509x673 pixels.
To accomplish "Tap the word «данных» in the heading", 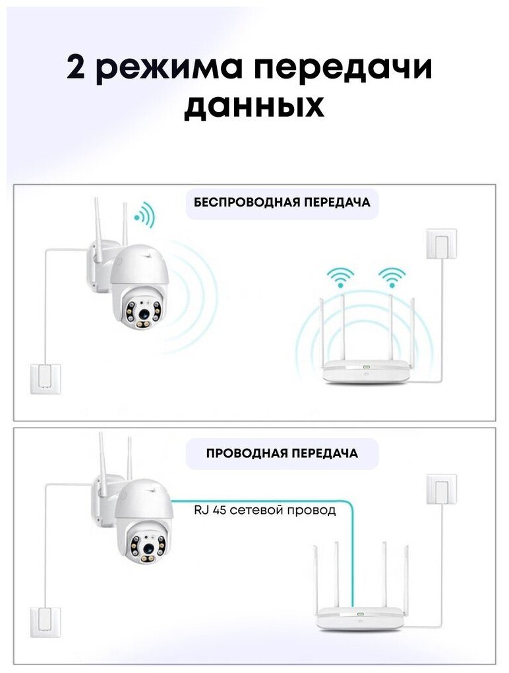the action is (254, 106).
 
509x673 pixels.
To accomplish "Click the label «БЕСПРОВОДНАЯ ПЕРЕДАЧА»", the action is (282, 203).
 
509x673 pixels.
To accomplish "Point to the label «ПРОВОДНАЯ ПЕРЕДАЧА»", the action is (282, 453).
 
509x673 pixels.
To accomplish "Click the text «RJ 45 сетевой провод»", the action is (264, 509).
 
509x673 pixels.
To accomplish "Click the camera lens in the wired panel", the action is (148, 546).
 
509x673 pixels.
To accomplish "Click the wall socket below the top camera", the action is (45, 379).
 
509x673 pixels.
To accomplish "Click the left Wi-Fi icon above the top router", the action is (342, 276).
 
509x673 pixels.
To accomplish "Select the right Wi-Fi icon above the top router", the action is (391, 276).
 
